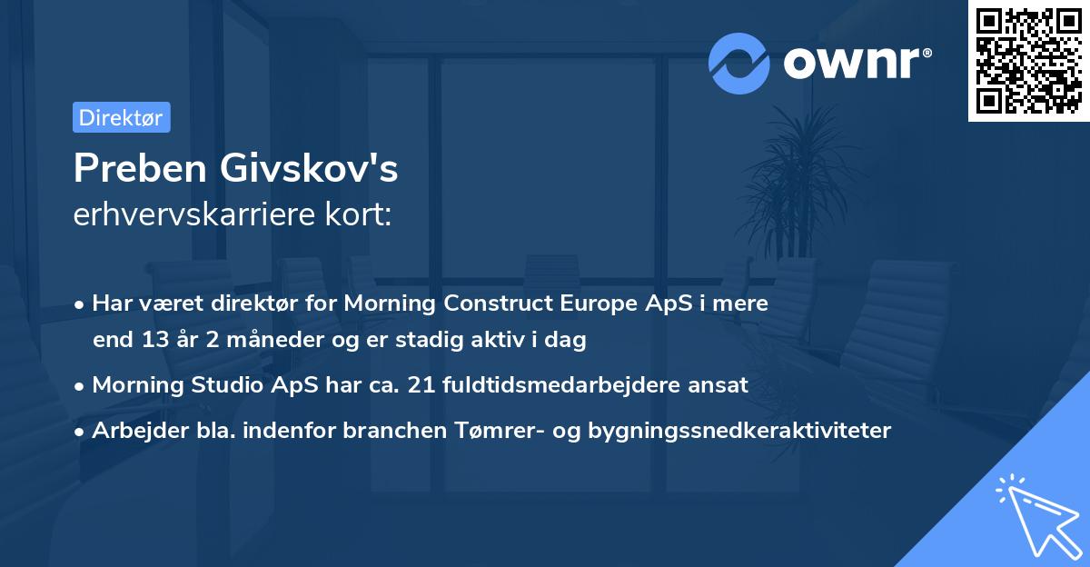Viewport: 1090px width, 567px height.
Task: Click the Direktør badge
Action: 121,117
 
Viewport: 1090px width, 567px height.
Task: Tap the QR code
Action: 1027,60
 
